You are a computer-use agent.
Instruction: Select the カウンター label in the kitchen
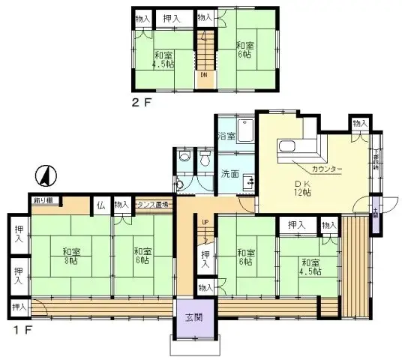pyautogui.click(x=327, y=169)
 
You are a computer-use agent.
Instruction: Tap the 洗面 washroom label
pyautogui.click(x=229, y=174)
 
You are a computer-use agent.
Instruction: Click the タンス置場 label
pyautogui.click(x=152, y=204)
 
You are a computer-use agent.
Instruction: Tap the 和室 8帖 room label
pyautogui.click(x=71, y=256)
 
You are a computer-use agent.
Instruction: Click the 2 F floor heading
pyautogui.click(x=142, y=102)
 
